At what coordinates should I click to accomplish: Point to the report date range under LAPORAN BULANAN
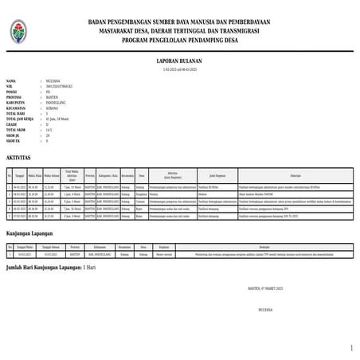(180, 69)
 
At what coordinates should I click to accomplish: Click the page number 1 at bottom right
(351, 348)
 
